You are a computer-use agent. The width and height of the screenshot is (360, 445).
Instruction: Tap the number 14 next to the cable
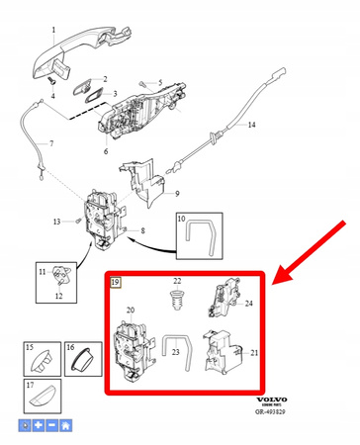[x=251, y=126]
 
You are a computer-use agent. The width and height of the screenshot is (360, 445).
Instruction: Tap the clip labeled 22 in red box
[x=178, y=297]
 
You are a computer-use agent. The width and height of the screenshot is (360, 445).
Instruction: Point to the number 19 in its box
[x=116, y=282]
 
